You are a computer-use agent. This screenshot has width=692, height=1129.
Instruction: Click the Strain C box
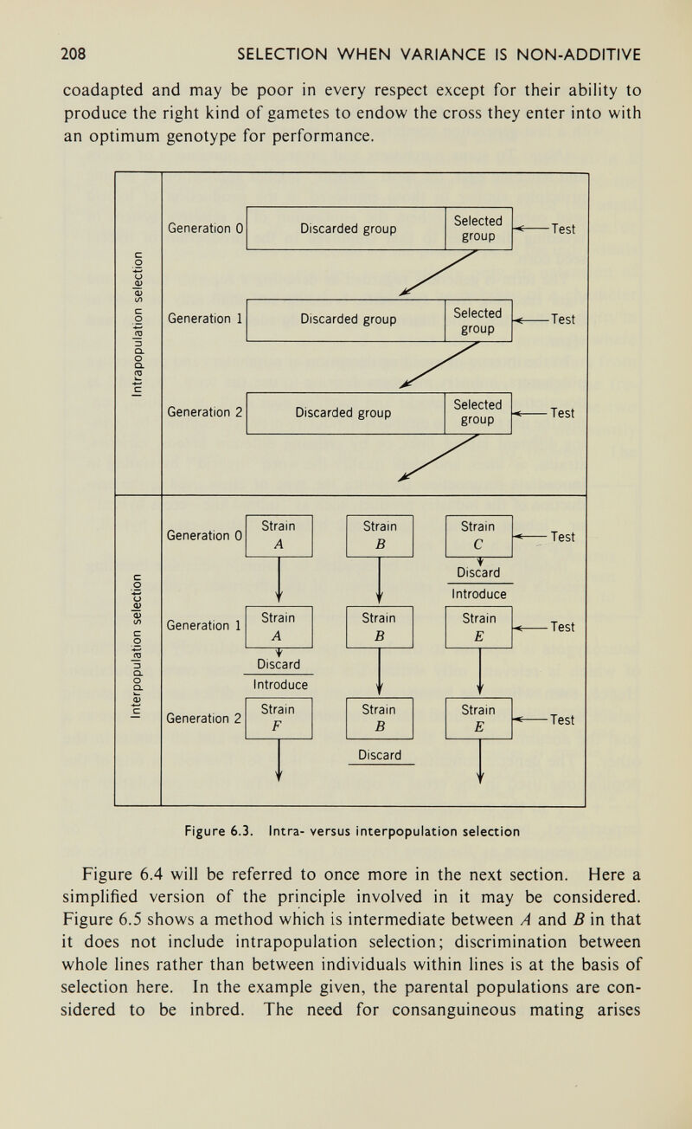478,535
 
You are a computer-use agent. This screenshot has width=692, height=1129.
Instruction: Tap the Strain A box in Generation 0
279,535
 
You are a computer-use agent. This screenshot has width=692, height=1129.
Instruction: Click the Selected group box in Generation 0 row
477,229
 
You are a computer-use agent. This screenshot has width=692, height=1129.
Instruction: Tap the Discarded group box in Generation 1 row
344,319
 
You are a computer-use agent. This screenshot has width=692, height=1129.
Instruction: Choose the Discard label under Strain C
478,575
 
